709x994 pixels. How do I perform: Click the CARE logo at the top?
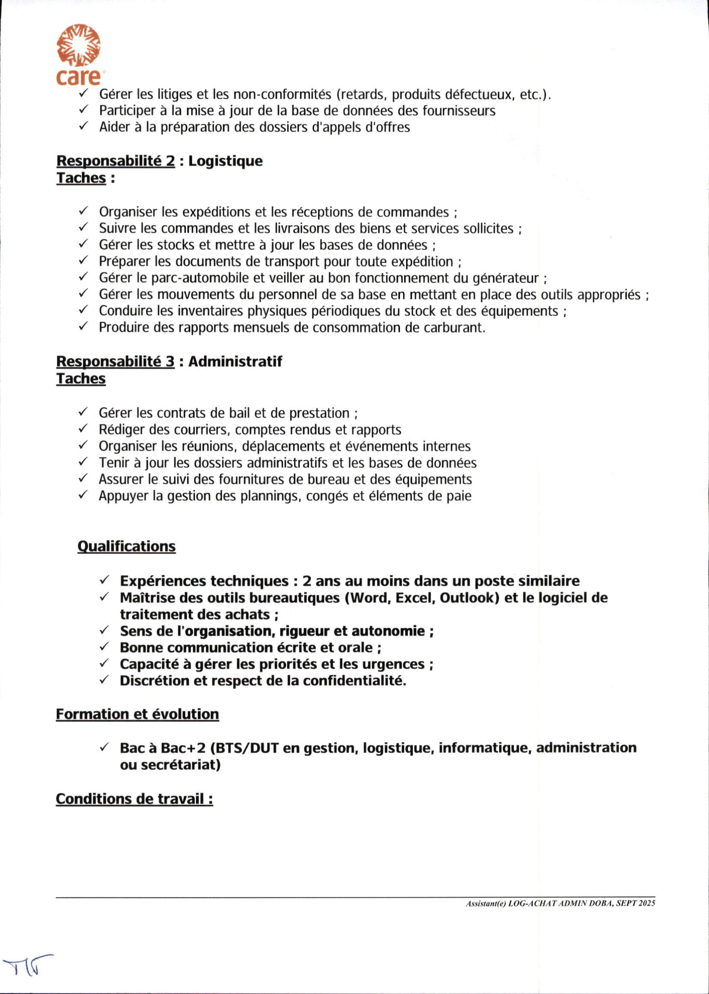point(78,54)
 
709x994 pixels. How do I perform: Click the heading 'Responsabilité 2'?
point(116,161)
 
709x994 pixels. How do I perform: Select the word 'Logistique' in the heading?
point(225,161)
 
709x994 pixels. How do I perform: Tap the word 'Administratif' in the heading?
point(235,362)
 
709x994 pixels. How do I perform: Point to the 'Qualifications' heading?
point(126,546)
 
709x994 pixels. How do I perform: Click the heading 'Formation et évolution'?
point(137,714)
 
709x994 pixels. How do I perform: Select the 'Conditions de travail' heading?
point(134,798)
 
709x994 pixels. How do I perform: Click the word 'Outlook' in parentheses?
point(469,598)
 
